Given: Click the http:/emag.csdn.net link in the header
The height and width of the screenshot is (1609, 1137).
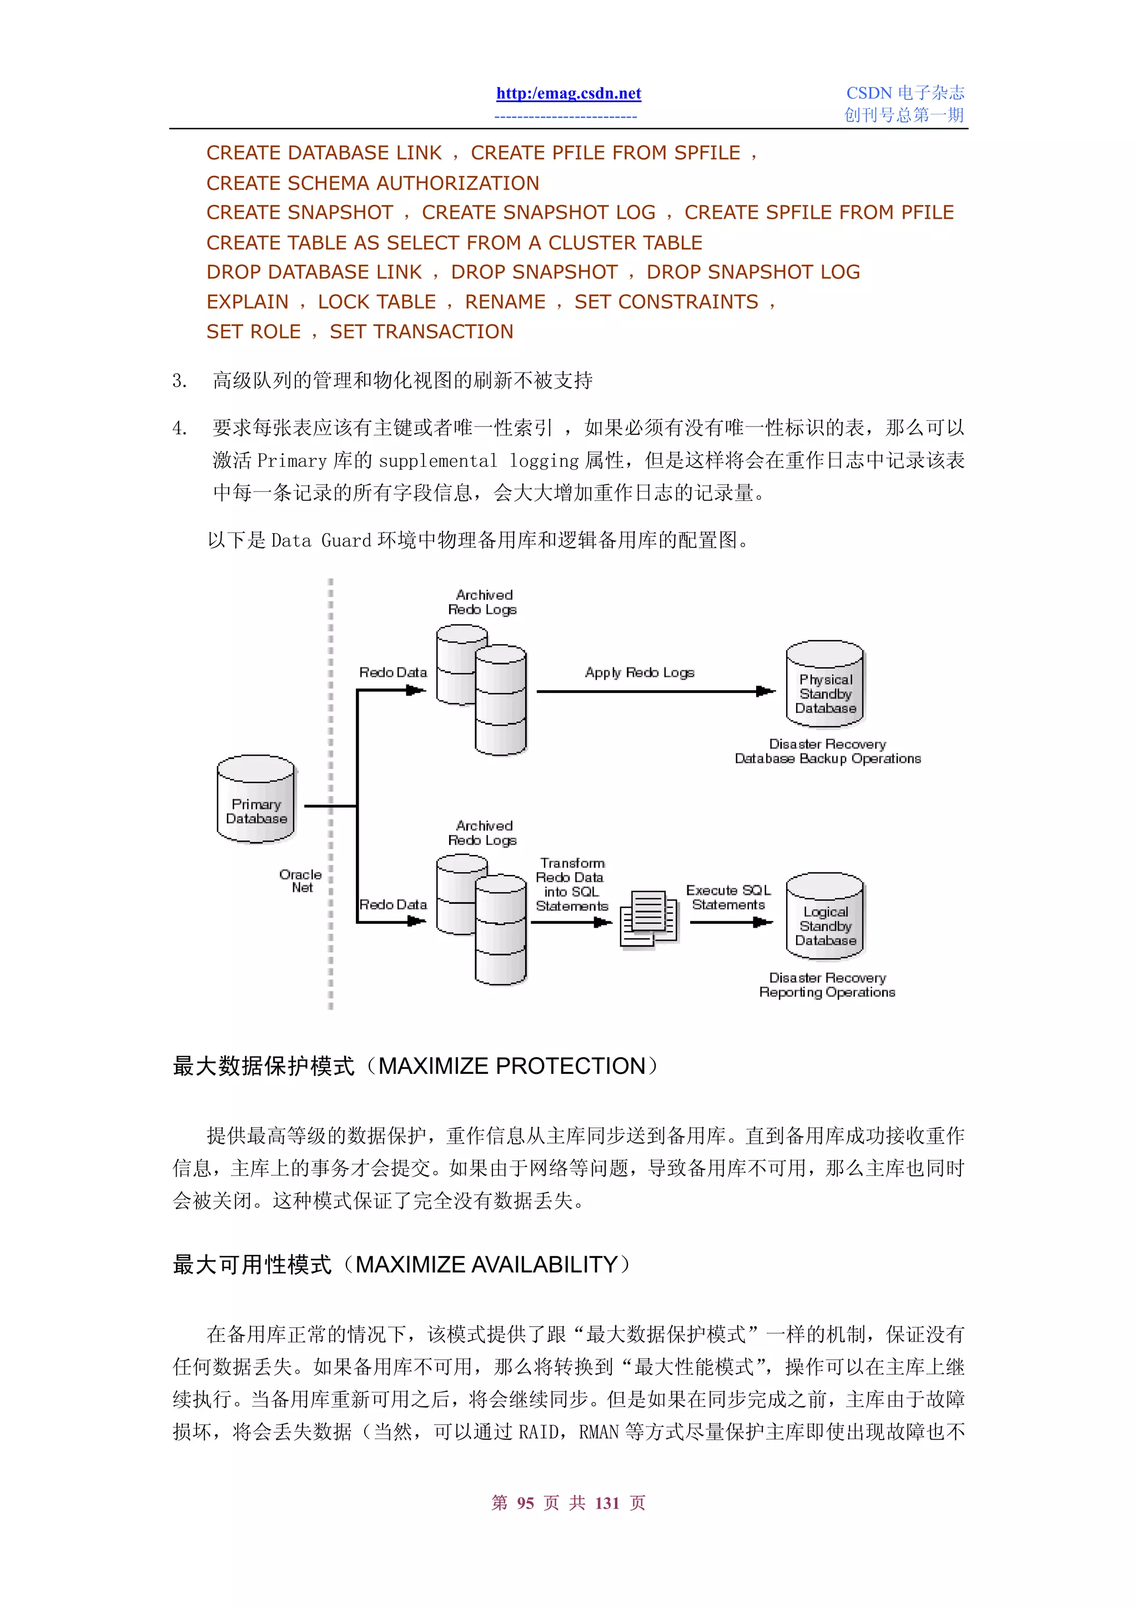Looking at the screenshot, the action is [568, 93].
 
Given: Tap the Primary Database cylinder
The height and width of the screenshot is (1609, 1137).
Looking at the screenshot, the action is [256, 800].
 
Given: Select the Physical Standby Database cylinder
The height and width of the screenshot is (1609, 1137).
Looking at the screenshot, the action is [825, 685].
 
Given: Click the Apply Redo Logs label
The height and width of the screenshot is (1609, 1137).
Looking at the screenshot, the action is [639, 673].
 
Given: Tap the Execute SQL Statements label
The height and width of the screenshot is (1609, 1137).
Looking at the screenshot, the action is [728, 898].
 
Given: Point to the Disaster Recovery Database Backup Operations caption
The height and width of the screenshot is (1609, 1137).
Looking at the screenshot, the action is [827, 751].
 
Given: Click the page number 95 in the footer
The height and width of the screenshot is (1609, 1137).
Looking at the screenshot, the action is [525, 1503].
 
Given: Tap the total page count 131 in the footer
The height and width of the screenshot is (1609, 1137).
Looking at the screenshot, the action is [607, 1503].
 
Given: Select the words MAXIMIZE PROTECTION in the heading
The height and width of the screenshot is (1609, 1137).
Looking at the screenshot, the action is [511, 1066].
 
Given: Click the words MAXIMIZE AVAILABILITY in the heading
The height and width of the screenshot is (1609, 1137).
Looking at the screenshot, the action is [486, 1265].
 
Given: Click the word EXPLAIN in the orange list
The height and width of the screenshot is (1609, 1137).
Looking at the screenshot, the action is [247, 302].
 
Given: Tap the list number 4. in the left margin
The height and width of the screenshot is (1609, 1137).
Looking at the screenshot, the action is [179, 428].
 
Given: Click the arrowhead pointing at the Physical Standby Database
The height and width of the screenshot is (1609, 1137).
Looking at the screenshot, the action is [766, 692].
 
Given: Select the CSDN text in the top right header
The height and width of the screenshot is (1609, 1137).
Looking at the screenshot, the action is [869, 93].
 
